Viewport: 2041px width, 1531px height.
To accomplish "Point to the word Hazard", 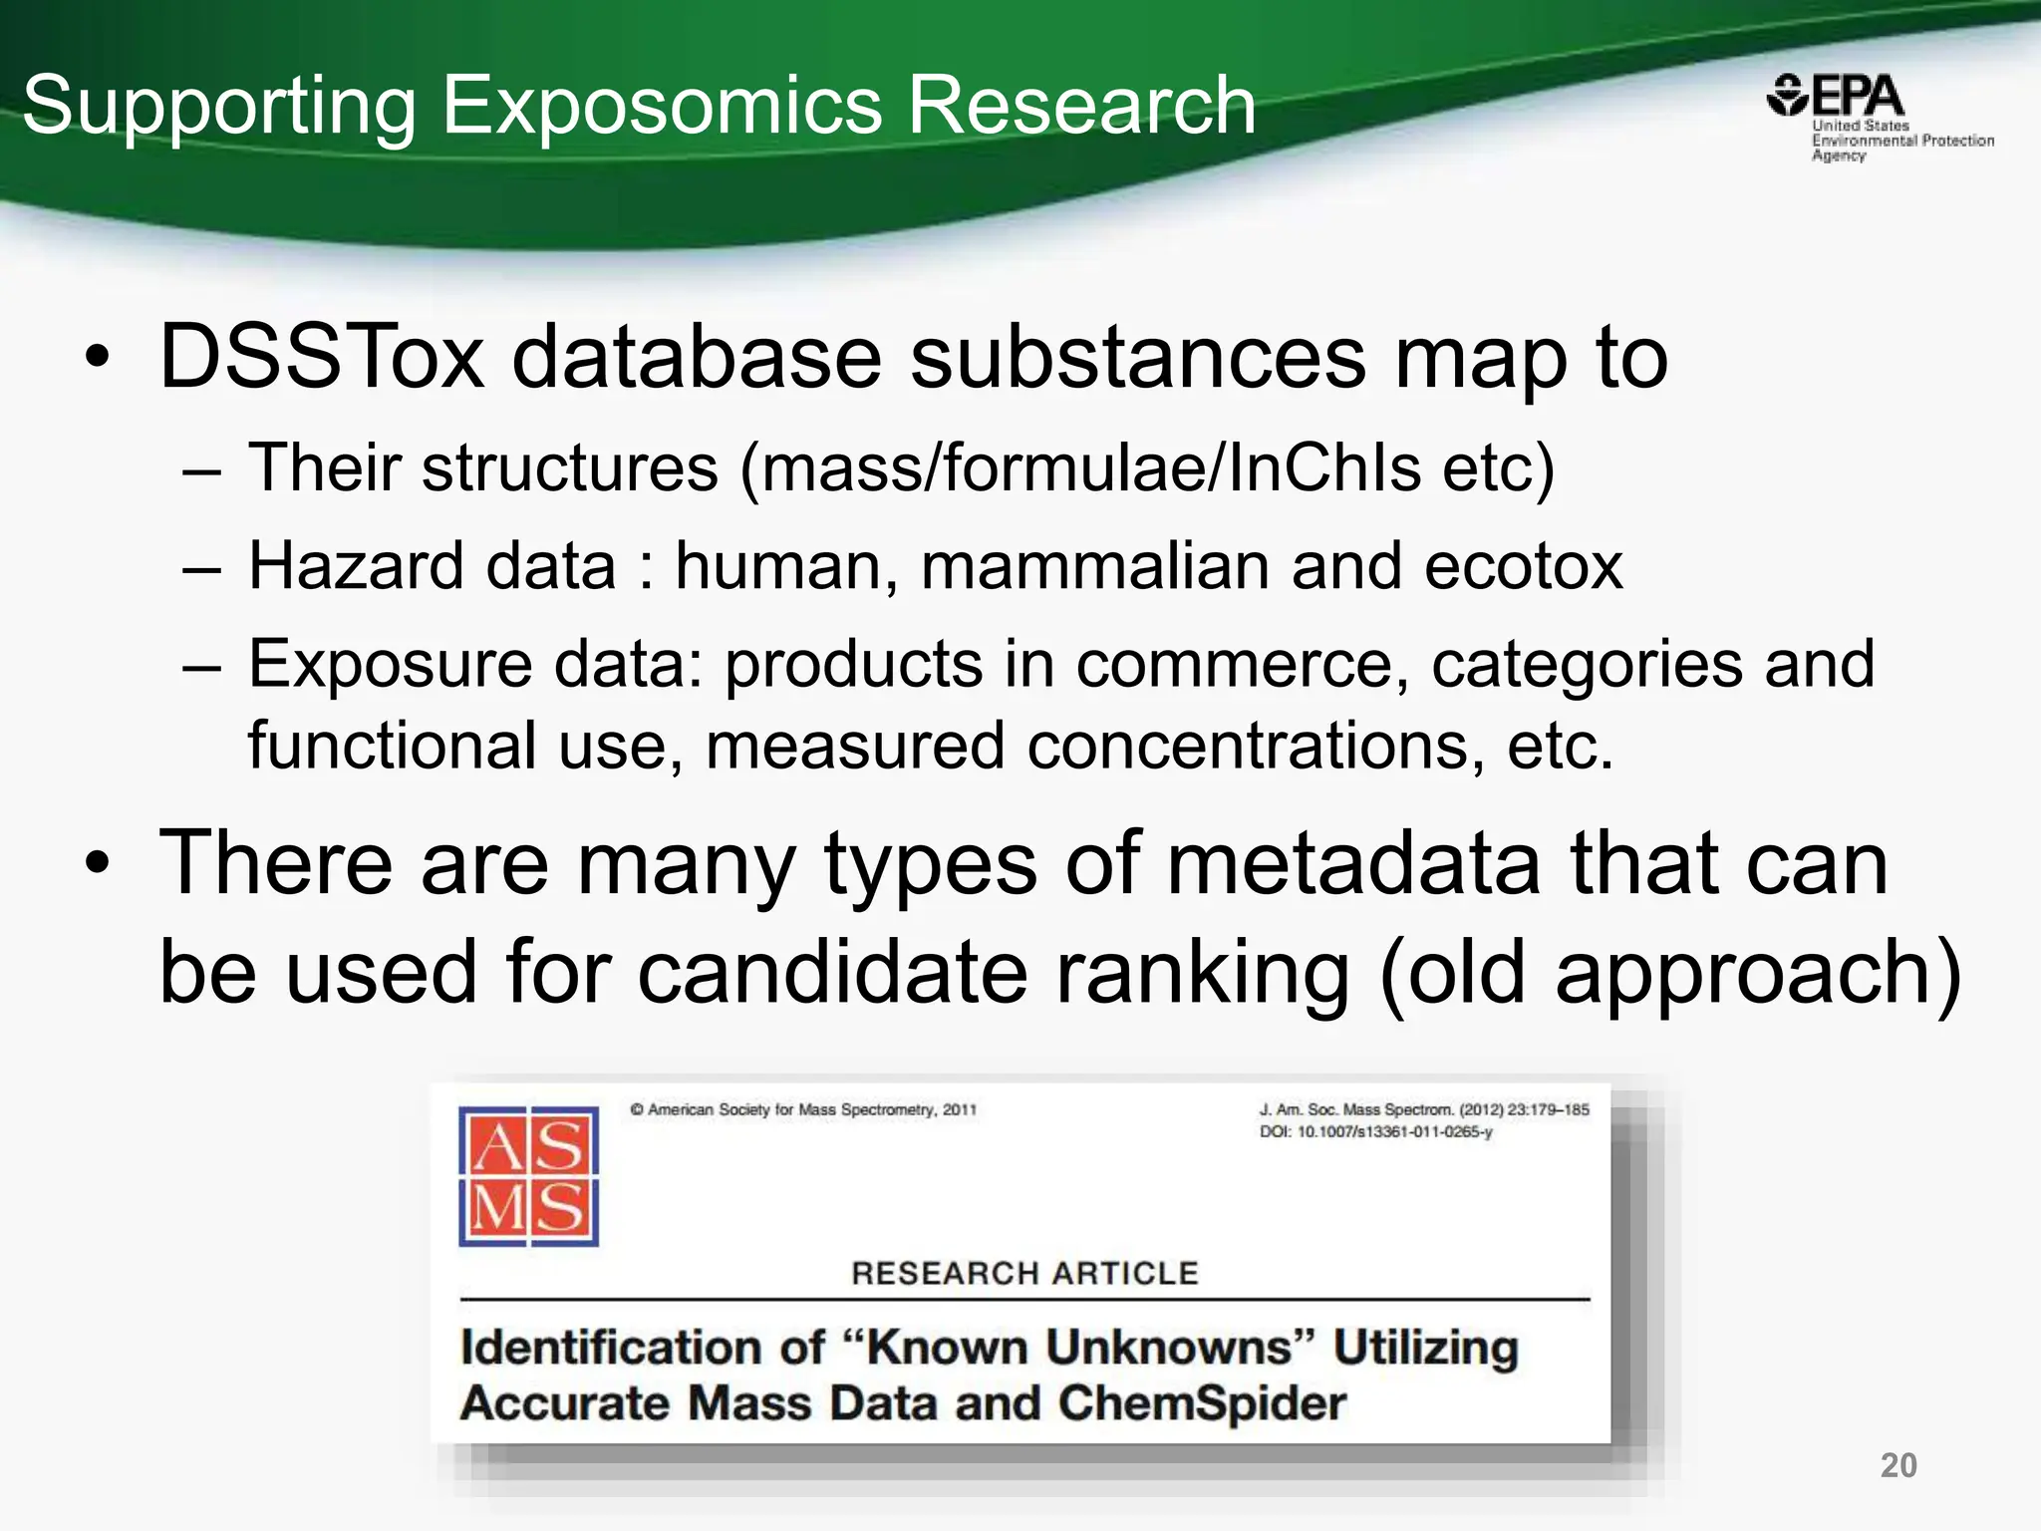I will point(356,566).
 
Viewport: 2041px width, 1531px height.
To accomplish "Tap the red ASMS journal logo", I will point(528,1176).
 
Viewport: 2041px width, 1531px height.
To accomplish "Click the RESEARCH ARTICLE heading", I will point(1024,1273).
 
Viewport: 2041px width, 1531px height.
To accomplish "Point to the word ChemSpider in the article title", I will point(1201,1402).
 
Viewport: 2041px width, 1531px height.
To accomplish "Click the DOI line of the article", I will point(1375,1132).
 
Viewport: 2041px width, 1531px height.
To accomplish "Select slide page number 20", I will point(1897,1465).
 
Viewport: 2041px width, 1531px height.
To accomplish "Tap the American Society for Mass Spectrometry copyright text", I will point(803,1109).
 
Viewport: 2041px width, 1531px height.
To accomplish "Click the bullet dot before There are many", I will point(97,863).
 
